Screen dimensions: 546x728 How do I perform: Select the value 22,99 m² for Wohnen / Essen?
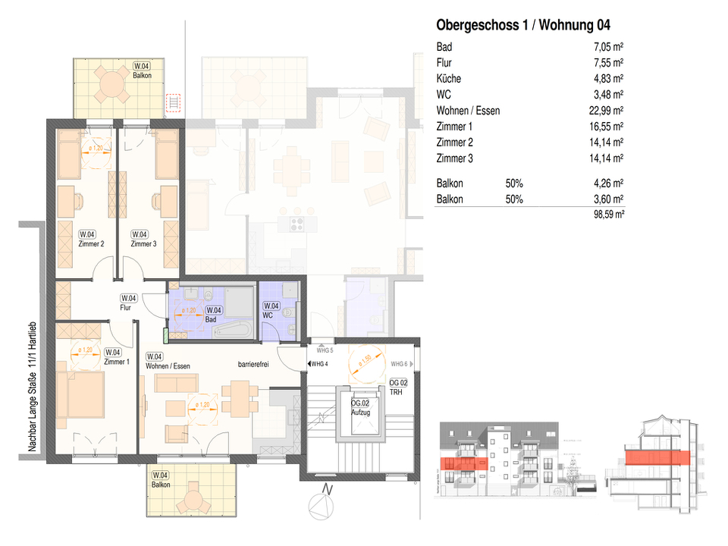605,111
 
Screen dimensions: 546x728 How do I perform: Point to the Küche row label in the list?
449,79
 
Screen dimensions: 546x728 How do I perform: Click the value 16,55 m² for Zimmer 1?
605,127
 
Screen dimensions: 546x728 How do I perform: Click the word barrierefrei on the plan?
253,364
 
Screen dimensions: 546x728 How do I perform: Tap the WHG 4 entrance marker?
318,365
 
